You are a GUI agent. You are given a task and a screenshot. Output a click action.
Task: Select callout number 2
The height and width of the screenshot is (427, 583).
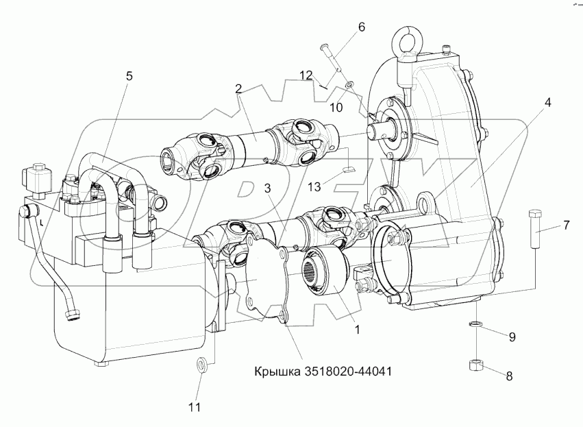[x=238, y=88]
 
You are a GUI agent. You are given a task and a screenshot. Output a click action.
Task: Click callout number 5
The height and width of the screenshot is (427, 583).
[x=128, y=76]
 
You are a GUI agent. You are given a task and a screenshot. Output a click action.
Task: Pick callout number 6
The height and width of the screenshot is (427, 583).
[x=361, y=27]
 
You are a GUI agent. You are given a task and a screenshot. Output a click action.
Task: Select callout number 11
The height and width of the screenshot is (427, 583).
[x=195, y=408]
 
